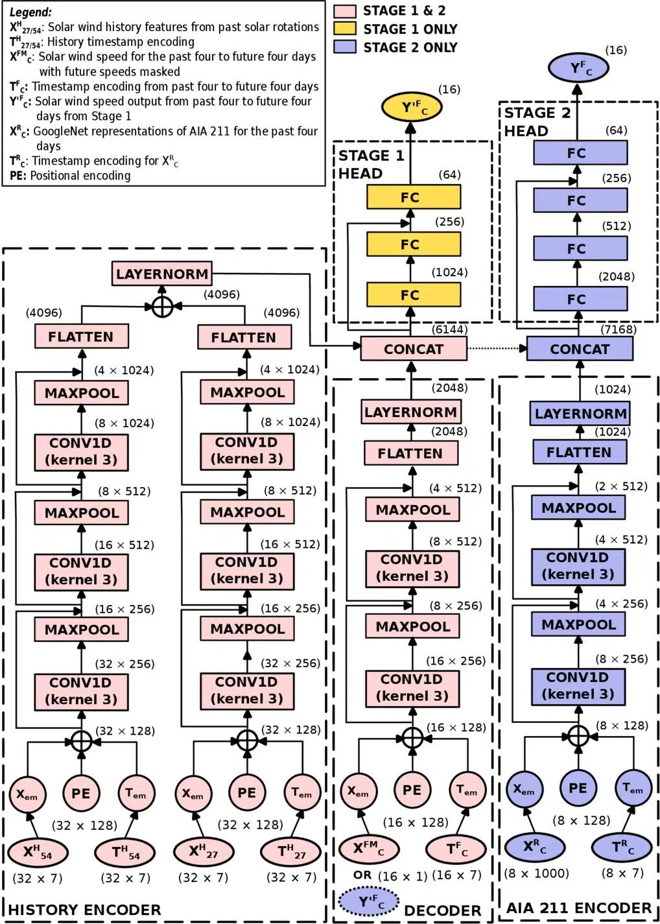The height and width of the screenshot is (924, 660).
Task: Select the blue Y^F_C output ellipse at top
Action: click(x=578, y=67)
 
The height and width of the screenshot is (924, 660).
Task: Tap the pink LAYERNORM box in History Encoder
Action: click(x=162, y=274)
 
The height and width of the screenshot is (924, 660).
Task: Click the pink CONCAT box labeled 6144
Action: click(x=413, y=349)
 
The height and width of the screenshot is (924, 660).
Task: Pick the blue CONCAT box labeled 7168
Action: click(x=580, y=349)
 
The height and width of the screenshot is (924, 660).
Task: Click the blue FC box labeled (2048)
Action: click(x=580, y=299)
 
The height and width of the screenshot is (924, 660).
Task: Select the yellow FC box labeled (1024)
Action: click(x=413, y=294)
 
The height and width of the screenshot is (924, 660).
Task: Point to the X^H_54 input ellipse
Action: click(x=36, y=852)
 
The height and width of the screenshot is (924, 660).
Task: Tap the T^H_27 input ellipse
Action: click(x=291, y=852)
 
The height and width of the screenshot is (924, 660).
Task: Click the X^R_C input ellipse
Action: click(x=534, y=846)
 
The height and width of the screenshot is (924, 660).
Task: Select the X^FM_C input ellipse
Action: click(x=368, y=847)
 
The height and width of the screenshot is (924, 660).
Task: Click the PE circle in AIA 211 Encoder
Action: click(x=578, y=788)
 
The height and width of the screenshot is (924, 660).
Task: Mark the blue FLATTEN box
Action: click(x=579, y=452)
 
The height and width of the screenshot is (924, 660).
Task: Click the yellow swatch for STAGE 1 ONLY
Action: click(x=345, y=29)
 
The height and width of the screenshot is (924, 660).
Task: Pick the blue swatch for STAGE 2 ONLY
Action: click(x=345, y=47)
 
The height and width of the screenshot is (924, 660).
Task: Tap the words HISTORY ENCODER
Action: click(x=84, y=910)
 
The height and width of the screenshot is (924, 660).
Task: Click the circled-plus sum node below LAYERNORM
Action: click(x=162, y=306)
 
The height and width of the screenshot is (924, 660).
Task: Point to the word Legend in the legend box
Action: click(x=30, y=12)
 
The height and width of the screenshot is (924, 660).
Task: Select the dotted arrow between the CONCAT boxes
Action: click(x=497, y=349)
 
